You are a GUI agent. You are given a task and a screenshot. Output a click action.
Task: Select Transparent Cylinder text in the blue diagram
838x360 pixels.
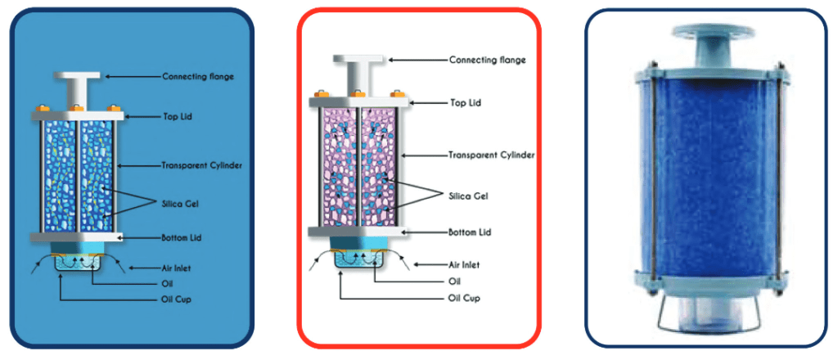201,165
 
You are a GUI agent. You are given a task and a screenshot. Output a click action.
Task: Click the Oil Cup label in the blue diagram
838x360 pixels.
177,300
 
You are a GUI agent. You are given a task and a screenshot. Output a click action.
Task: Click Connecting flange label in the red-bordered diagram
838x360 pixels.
488,60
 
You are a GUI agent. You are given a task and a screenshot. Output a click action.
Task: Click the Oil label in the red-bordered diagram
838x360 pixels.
456,280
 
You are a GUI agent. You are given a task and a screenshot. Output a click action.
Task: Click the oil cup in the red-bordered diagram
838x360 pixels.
355,261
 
